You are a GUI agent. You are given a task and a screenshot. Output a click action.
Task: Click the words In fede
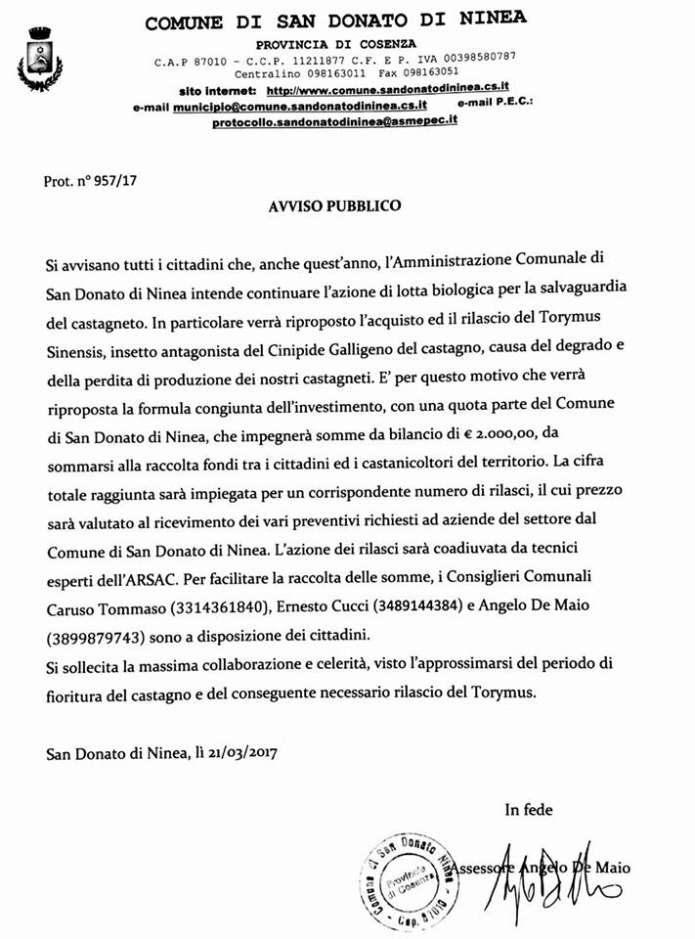[528, 809]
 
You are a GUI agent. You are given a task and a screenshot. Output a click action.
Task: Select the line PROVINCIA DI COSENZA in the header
[335, 43]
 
